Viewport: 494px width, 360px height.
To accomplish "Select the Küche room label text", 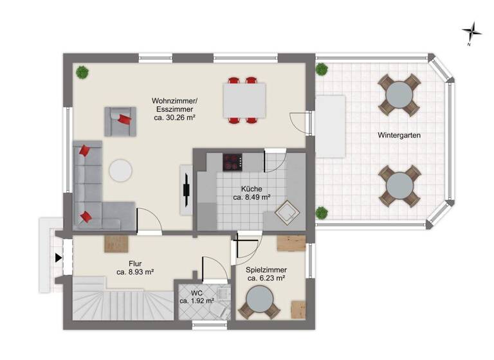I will pos(252,189).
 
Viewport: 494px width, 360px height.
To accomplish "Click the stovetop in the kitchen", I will pos(232,161).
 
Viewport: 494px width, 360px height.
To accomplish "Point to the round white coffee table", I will pos(120,170).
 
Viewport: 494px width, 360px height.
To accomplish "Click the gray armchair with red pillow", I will pos(121,120).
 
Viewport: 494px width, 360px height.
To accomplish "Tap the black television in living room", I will pos(186,190).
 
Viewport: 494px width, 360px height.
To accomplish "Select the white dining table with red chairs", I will pos(244,100).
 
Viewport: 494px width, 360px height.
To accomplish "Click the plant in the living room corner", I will pos(82,72).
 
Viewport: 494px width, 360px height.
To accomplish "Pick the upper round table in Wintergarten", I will pos(399,94).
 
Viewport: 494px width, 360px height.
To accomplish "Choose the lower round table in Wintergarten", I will pos(399,185).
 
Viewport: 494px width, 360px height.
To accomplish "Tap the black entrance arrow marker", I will pos(59,258).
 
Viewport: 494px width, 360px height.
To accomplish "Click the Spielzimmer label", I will pos(266,270).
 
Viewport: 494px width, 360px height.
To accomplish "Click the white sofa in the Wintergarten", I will pos(331,127).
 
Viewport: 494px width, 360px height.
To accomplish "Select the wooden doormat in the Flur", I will pos(116,244).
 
